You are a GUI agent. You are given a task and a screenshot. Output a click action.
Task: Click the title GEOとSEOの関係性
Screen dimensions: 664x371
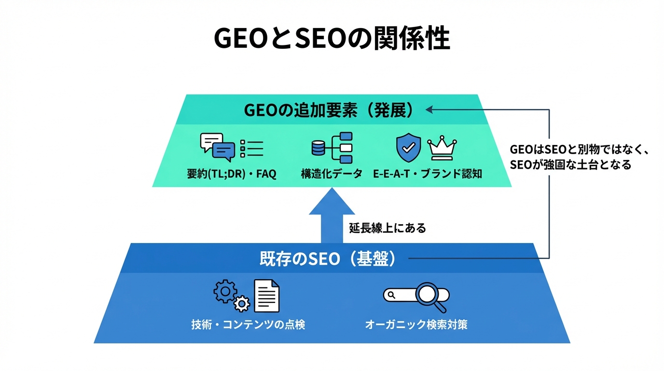pyautogui.click(x=332, y=39)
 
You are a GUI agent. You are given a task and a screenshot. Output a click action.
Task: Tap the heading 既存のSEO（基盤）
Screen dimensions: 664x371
pyautogui.click(x=328, y=259)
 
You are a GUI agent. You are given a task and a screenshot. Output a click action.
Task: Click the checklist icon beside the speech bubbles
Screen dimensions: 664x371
pyautogui.click(x=251, y=148)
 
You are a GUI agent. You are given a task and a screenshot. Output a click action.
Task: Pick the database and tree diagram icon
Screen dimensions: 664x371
pyautogui.click(x=332, y=147)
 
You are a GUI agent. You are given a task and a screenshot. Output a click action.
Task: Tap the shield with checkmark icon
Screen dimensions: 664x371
pyautogui.click(x=408, y=147)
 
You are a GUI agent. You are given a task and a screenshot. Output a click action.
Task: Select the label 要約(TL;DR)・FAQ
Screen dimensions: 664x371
pyautogui.click(x=231, y=174)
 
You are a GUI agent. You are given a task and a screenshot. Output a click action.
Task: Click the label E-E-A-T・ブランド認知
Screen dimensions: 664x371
pyautogui.click(x=428, y=174)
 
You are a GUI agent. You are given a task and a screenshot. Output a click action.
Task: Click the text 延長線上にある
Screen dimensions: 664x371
pyautogui.click(x=387, y=228)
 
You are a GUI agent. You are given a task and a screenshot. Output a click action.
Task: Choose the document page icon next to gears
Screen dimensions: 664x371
pyautogui.click(x=267, y=295)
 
